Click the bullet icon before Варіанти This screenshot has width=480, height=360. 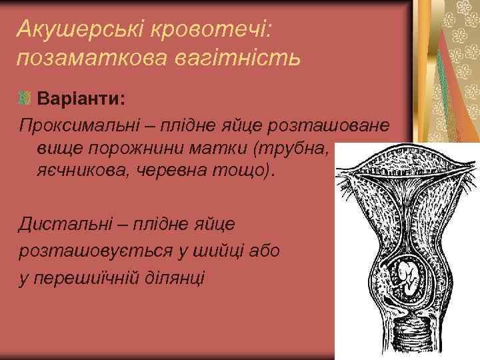point(25,99)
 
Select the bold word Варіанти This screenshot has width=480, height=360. point(81,99)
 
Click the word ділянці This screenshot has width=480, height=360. point(174,275)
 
